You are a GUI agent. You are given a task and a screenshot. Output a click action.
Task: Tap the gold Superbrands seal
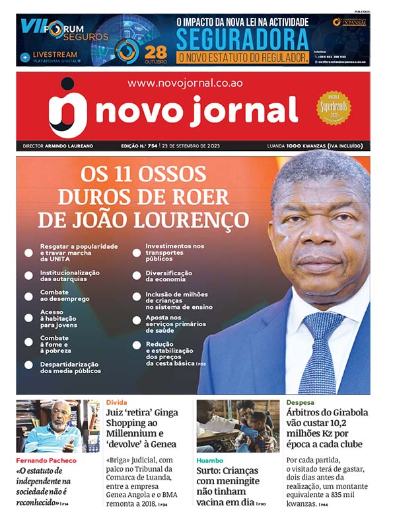(334, 107)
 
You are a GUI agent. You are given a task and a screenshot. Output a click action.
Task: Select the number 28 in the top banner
(156, 51)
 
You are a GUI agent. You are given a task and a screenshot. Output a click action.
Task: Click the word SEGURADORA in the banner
(242, 39)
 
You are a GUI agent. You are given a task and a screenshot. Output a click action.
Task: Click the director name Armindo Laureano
(73, 146)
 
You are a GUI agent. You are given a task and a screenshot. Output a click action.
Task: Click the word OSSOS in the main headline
(174, 175)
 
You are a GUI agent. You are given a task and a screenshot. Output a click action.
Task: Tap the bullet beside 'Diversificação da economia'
(137, 277)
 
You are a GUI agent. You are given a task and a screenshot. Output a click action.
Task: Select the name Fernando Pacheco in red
(46, 460)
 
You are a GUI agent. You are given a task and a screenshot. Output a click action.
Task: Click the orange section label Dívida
(116, 402)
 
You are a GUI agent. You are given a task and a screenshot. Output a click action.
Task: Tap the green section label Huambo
(209, 459)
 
